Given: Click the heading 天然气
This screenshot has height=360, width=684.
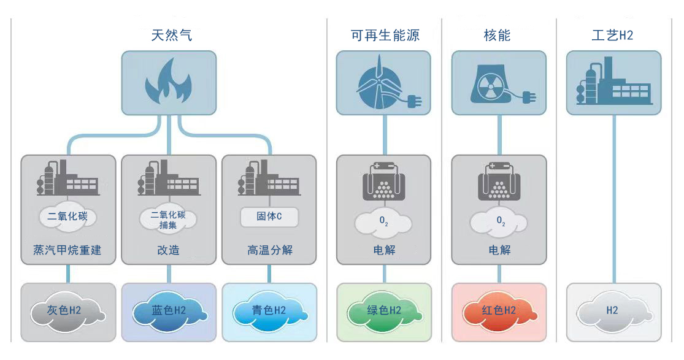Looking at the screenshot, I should point(171,35).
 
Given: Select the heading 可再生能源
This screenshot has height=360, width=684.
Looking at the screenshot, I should point(385,35).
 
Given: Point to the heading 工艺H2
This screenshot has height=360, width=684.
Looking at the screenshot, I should point(612,35).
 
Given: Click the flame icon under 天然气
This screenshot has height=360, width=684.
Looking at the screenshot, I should point(168,82).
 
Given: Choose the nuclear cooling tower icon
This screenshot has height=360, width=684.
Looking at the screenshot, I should point(493,83).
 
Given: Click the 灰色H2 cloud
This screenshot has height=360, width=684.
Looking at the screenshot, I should point(67,311).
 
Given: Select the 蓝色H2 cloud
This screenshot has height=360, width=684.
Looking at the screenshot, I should point(168,311).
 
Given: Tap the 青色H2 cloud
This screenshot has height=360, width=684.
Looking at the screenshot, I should point(269,311).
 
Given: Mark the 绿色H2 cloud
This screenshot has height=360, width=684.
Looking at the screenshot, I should point(383,311).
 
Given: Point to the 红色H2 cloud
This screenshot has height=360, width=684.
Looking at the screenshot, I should point(498,311).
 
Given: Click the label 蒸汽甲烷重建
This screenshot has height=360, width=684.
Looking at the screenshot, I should point(67,250).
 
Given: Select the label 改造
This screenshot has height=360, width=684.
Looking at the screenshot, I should point(168,250).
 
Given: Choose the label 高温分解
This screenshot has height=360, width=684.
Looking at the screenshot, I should point(269,250).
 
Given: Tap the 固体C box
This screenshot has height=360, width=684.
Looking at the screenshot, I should point(269,216).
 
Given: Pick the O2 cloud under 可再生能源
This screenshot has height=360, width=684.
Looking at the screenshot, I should point(384,221).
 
